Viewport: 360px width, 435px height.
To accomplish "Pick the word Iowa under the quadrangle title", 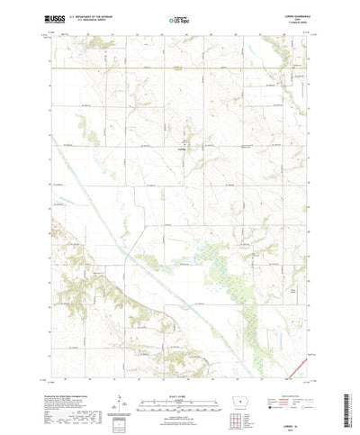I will click(x=296, y=18).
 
